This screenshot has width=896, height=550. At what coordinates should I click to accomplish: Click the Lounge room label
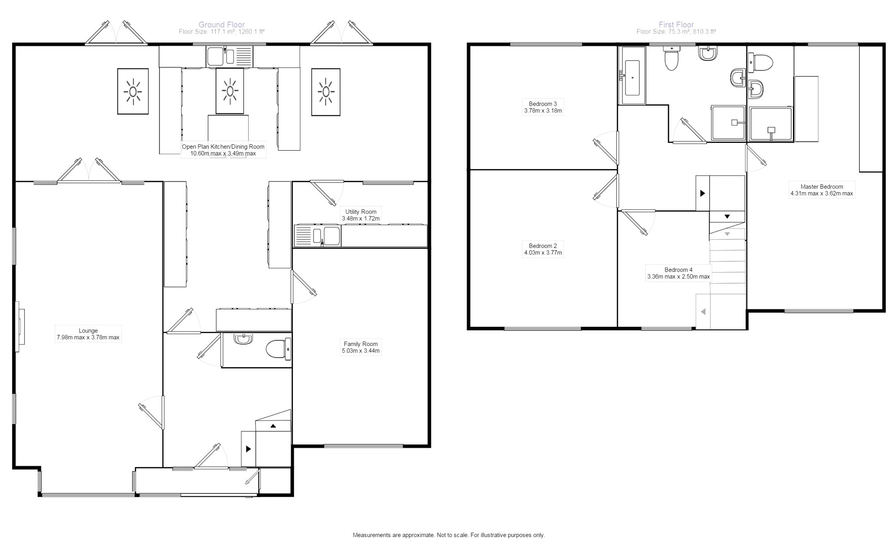pos(88,331)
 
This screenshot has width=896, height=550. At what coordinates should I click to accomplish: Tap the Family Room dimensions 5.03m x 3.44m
pos(361,351)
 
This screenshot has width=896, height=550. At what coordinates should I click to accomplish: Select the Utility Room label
pos(361,212)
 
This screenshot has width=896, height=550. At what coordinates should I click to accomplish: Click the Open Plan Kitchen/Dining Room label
pos(223,147)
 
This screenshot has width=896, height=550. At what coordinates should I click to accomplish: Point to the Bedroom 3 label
pos(543,104)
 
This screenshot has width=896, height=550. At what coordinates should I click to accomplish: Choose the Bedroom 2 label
pos(543,246)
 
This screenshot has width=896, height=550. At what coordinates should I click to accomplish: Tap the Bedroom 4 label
pos(678,270)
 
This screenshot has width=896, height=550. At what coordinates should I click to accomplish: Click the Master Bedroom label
pos(822,186)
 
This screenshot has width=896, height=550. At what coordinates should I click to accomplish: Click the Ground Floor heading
pos(221,25)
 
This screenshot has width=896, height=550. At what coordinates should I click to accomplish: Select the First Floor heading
pos(676,25)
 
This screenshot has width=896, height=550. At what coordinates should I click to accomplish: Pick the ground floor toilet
pos(278,349)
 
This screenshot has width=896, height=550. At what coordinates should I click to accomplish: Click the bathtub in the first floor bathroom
pos(632,77)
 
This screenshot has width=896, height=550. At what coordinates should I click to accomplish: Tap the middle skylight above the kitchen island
pos(230,91)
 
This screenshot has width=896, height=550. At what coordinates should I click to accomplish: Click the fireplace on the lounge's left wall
pos(20,326)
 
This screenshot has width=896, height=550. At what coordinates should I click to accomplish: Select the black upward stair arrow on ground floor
pos(273,426)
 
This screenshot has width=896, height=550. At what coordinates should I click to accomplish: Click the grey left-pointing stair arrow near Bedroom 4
pos(703,312)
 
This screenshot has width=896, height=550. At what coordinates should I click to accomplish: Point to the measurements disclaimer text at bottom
pos(448,535)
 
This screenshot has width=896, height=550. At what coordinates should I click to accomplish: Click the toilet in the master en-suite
pos(761,63)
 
